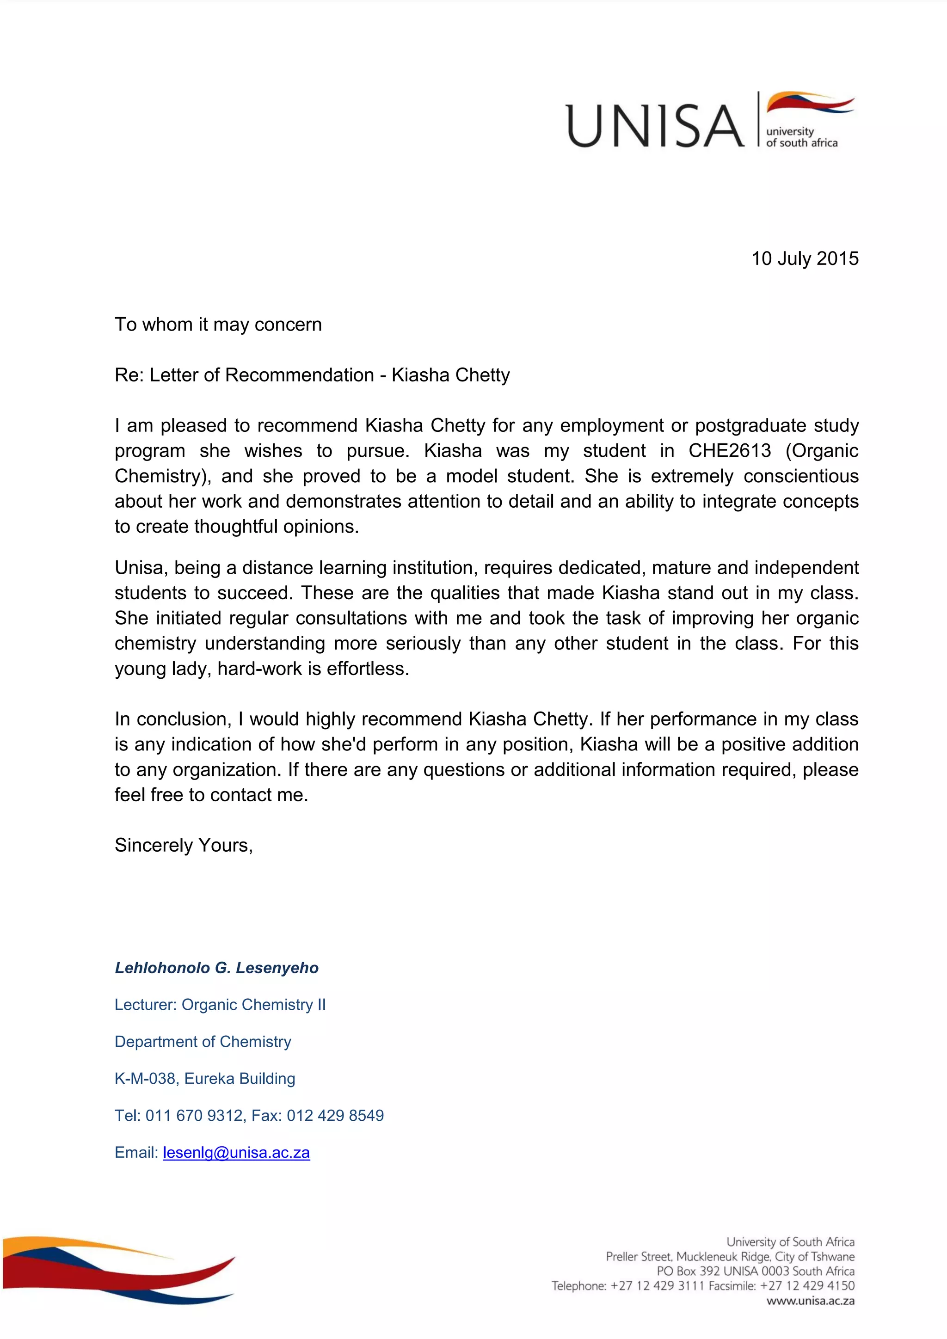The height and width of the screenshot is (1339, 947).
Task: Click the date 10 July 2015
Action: [x=804, y=258]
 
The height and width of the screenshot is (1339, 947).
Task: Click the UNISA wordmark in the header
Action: [x=655, y=125]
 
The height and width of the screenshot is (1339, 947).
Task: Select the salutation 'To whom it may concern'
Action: [x=218, y=324]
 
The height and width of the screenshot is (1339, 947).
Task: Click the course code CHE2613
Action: [x=730, y=451]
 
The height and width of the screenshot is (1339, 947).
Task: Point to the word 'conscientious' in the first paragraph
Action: [x=800, y=476]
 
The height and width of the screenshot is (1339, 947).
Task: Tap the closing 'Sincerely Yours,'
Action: [x=184, y=845]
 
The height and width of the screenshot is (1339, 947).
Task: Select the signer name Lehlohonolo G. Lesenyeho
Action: [x=216, y=968]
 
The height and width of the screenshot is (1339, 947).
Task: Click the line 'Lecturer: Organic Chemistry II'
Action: [x=220, y=1005]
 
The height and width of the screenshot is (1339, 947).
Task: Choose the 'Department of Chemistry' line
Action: [x=203, y=1042]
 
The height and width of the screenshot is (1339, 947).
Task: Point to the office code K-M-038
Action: [x=145, y=1078]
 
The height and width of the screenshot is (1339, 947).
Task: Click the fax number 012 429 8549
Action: [x=335, y=1116]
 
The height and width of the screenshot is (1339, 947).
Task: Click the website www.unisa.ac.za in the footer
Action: [x=810, y=1301]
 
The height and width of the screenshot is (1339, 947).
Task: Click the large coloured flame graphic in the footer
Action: [x=117, y=1270]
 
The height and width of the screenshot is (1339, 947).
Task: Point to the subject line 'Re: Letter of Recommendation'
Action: [x=244, y=375]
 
